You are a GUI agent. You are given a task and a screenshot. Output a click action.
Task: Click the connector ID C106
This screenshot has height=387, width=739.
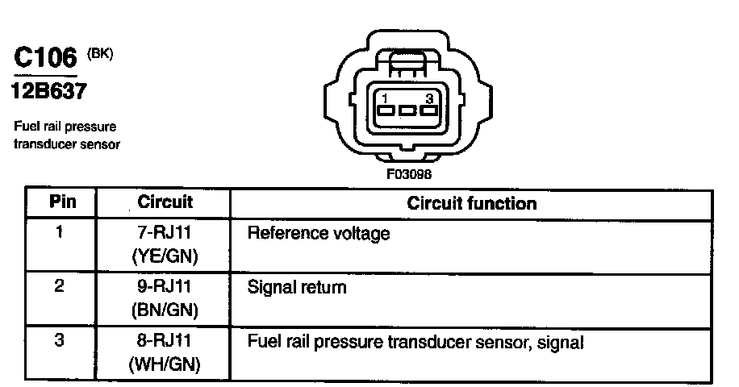coord(45,59)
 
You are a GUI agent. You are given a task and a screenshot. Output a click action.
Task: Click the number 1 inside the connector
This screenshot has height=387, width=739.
coord(386,98)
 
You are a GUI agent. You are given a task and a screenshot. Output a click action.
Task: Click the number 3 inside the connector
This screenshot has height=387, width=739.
coord(429,98)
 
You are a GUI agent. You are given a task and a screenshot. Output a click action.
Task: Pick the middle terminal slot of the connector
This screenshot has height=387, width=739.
coord(407,111)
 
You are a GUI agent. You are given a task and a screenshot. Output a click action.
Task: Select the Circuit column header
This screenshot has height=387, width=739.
coord(164,202)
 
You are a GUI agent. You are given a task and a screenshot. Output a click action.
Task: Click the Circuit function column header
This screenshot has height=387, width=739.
coord(471,202)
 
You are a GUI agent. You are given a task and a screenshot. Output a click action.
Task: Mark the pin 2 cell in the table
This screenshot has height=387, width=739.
coord(59,286)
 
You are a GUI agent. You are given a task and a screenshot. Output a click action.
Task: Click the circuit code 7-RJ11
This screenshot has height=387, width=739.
coord(165,234)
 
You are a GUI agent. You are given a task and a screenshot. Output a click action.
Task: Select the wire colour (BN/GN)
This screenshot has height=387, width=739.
coord(165,309)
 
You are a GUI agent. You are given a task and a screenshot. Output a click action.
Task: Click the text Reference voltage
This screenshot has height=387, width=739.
coord(318,235)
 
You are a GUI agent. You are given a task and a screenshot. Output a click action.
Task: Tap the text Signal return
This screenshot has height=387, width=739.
coord(297,287)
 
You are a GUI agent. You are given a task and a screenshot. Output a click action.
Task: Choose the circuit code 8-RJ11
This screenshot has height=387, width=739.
coord(165,341)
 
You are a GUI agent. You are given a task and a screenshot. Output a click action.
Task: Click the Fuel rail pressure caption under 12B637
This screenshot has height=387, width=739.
coord(65,127)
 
